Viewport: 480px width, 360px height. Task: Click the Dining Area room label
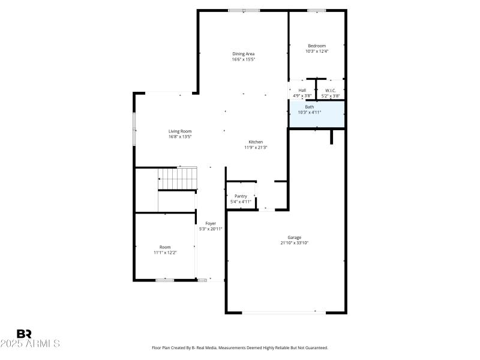244,54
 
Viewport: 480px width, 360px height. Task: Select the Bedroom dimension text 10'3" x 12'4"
317,52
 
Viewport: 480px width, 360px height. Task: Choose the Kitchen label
256,142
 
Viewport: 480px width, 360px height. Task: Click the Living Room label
179,131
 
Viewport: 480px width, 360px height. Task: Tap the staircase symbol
178,178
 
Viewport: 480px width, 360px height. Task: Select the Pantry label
241,196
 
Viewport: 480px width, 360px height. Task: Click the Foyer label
211,223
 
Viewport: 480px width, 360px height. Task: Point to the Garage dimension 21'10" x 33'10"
294,243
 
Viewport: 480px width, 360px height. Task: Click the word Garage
294,238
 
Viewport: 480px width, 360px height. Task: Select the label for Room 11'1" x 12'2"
165,247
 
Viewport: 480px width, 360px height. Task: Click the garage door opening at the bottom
280,312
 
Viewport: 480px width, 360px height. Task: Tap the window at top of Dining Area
244,10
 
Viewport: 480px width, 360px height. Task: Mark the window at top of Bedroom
317,10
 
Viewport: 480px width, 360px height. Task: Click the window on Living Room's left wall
134,128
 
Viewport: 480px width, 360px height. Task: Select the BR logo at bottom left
24,334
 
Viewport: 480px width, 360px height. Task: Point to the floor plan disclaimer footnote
239,347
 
